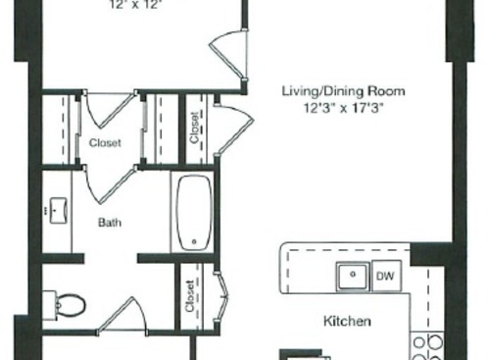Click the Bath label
(x=109, y=223)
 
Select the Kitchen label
(x=347, y=321)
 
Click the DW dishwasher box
(x=387, y=277)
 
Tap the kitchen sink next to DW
(x=352, y=278)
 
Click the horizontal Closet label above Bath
(x=105, y=143)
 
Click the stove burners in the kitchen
(x=426, y=346)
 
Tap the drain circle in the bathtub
(x=194, y=239)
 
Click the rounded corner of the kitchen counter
(x=286, y=252)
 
